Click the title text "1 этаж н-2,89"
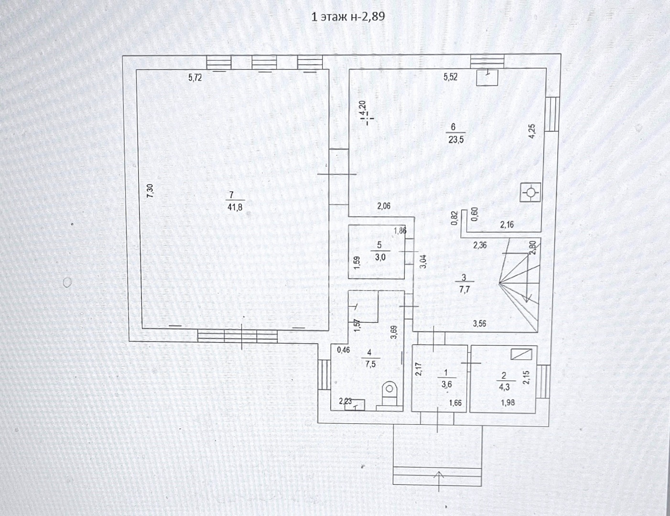[x=348, y=16]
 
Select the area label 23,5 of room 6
[x=456, y=140]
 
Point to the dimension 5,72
[x=195, y=78]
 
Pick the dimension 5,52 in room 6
[x=451, y=77]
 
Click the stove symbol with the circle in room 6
[x=530, y=193]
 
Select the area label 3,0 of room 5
[x=380, y=258]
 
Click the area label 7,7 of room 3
[x=464, y=290]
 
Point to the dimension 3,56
[x=479, y=323]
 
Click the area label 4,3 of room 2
[x=504, y=387]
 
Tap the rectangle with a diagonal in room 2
[x=521, y=354]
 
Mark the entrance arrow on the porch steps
[x=439, y=481]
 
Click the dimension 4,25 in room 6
[x=532, y=131]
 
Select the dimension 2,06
[x=384, y=206]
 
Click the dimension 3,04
[x=423, y=261]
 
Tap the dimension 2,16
[x=507, y=225]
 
